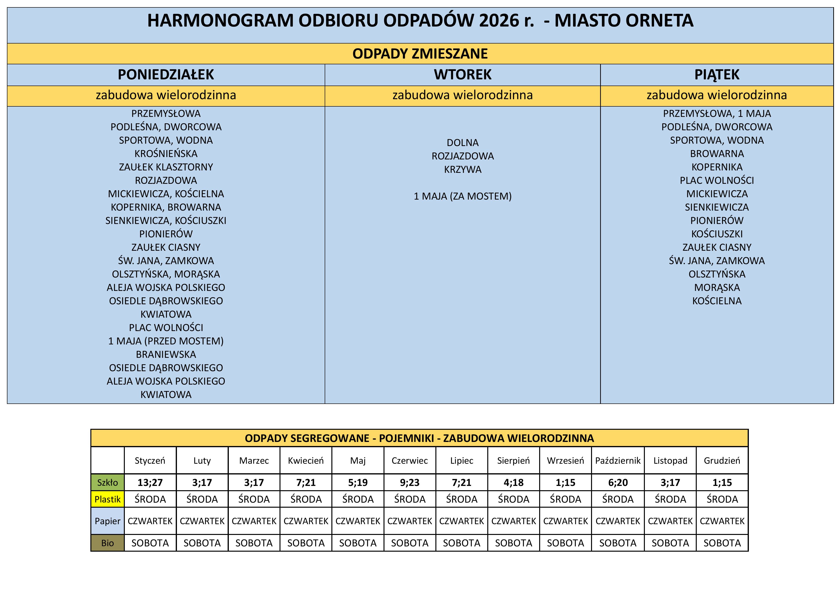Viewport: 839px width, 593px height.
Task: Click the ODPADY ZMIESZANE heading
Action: coord(420,54)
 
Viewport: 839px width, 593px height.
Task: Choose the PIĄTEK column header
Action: coord(717,75)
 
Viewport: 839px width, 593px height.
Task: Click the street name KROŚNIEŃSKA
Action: coord(166,153)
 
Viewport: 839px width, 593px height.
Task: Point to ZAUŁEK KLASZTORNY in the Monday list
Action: coord(166,167)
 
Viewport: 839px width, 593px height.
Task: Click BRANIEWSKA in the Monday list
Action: coord(166,354)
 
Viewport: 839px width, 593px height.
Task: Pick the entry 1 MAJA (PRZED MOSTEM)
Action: coord(166,341)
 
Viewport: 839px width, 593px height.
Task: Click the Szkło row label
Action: coord(107,482)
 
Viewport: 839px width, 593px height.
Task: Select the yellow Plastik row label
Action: coord(107,499)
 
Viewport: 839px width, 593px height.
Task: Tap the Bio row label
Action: coord(107,543)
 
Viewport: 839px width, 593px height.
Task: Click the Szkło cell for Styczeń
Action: coord(150,482)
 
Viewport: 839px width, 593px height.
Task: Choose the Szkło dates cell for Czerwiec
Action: coord(410,482)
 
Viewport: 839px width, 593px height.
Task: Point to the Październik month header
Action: coord(618,460)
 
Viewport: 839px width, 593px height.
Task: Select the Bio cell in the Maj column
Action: coord(358,543)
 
